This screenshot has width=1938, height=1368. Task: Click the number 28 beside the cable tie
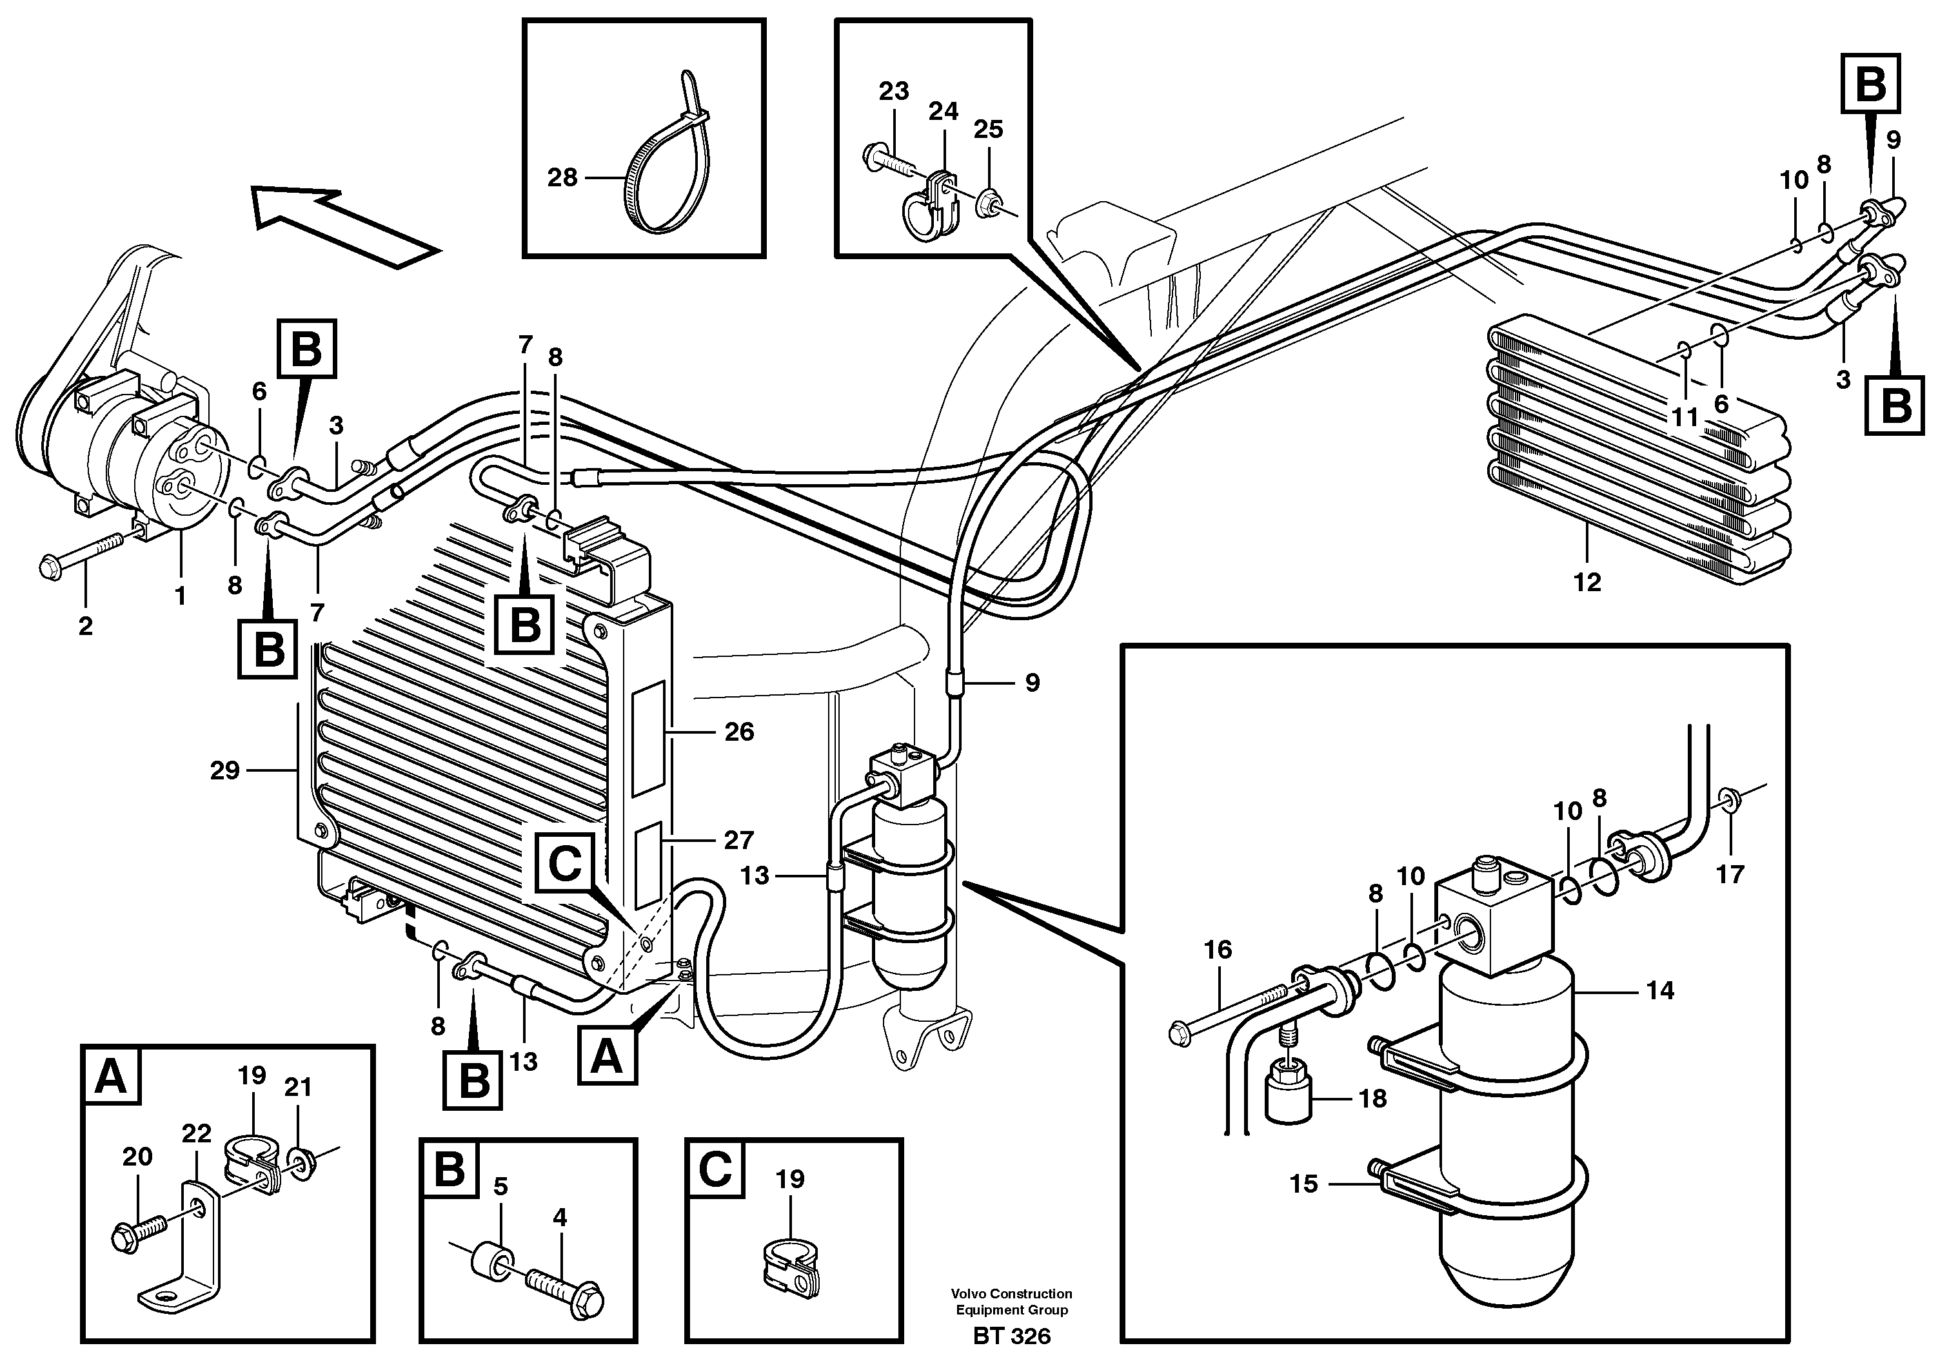pos(562,178)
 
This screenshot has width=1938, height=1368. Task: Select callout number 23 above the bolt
pos(893,91)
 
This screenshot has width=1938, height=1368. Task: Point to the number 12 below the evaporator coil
pos(1587,582)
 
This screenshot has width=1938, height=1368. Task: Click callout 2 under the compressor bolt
pos(85,626)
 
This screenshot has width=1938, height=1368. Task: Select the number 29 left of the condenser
pos(224,770)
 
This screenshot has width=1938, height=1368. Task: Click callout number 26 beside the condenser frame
pos(738,732)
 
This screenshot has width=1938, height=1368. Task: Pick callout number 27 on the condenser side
pos(738,840)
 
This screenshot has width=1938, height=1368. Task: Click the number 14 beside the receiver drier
pos(1659,990)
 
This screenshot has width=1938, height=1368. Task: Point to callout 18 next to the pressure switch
pos(1372,1099)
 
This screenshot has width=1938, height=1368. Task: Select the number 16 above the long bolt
pos(1217,950)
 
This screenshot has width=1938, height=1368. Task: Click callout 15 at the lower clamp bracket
pos(1303,1184)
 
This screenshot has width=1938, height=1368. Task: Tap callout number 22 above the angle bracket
pos(196,1133)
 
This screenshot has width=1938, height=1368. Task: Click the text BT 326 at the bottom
pos(1011,1336)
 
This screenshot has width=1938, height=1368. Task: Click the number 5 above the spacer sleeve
pos(500,1187)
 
